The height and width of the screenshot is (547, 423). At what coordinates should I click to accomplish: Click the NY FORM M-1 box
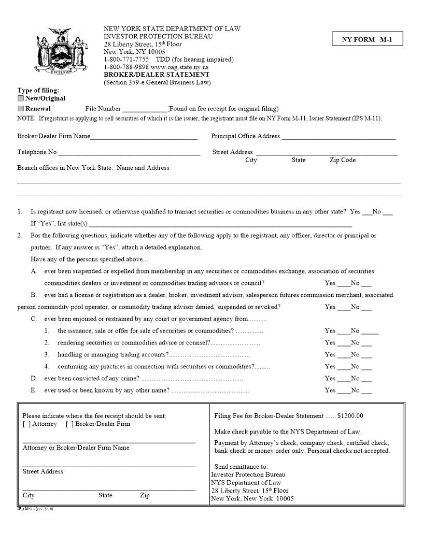[367, 39]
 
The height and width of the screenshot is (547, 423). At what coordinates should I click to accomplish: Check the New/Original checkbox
[21, 98]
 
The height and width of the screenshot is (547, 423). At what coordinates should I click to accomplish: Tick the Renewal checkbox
[21, 109]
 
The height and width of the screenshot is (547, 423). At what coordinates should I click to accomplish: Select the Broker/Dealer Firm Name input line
[144, 137]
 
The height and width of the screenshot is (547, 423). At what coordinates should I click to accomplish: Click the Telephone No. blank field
[129, 153]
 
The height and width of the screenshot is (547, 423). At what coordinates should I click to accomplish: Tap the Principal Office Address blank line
[339, 137]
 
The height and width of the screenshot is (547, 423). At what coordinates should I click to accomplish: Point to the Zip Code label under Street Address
[342, 160]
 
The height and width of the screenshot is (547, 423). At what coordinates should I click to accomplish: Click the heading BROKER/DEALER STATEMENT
[157, 75]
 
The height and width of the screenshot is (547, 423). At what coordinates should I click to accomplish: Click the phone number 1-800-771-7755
[126, 60]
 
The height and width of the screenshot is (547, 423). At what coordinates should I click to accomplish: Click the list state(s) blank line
[220, 225]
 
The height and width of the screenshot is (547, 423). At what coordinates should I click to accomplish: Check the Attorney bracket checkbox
[26, 424]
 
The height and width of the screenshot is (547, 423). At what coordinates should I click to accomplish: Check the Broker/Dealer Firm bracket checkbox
[69, 424]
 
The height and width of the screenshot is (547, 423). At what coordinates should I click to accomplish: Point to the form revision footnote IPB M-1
[35, 509]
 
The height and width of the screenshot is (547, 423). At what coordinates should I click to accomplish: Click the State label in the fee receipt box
[105, 496]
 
